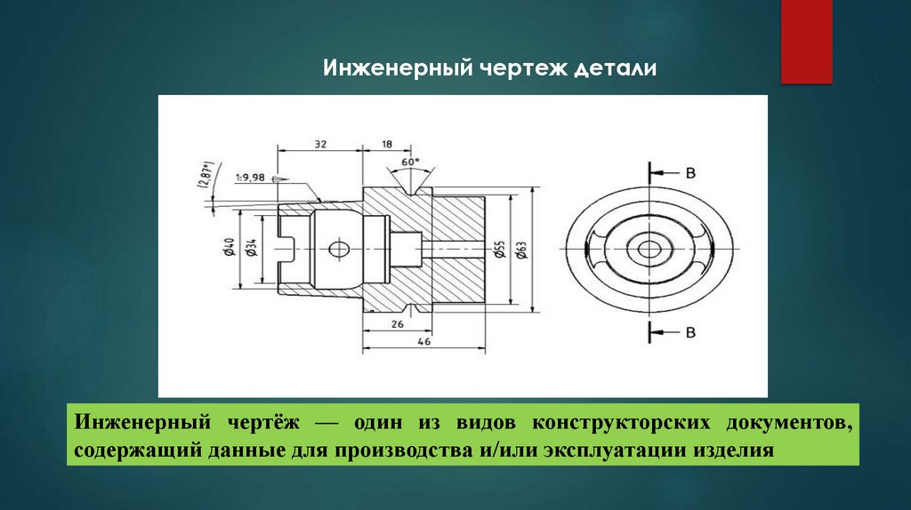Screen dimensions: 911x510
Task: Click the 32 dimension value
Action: coord(320,142)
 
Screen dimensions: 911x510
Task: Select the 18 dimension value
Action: coord(386,142)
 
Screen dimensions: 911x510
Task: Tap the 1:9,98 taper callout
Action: coord(251,178)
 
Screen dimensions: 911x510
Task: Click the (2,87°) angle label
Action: coord(207,177)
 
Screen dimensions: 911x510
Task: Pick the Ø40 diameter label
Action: coord(229,250)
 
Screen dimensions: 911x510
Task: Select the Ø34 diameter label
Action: coord(252,250)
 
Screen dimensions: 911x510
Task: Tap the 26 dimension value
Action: coord(397,324)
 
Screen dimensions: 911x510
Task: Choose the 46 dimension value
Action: coord(423,341)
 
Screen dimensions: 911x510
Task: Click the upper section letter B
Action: coord(689,172)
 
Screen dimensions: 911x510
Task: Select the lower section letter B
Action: coord(689,332)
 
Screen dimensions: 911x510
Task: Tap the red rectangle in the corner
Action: coord(806,42)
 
